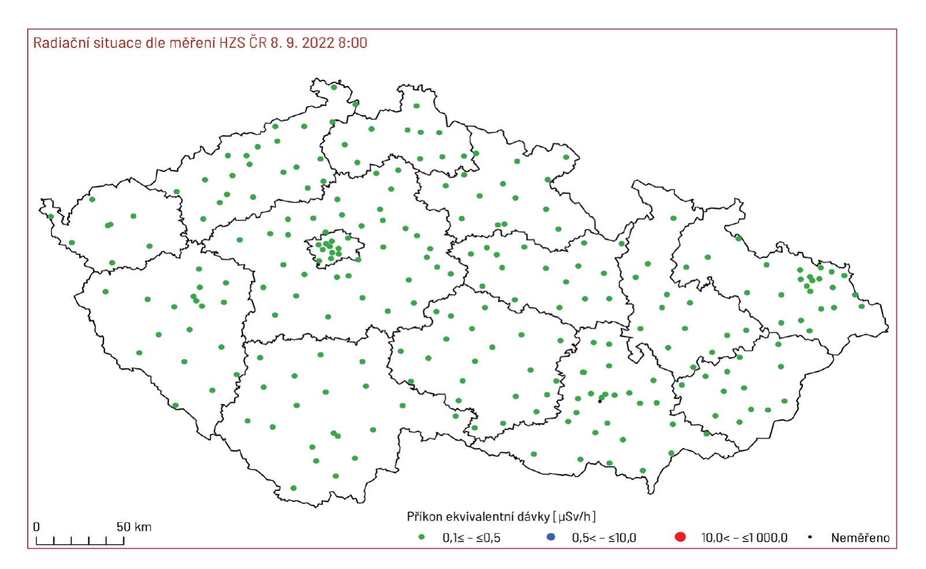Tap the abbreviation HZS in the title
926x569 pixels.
point(233,43)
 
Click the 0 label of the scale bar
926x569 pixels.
point(36,527)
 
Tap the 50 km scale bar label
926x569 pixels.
point(134,527)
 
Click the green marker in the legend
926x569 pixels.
point(421,538)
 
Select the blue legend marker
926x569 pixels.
point(550,538)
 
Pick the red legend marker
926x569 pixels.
point(680,538)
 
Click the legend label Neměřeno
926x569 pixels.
point(860,538)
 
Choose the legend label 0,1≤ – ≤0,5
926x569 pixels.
point(471,538)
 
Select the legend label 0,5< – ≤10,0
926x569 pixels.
point(604,538)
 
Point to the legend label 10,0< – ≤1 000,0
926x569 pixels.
point(744,538)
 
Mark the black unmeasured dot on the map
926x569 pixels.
point(600,401)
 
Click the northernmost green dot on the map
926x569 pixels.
point(333,87)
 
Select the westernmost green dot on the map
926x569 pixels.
point(51,217)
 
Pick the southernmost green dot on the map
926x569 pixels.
point(293,488)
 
